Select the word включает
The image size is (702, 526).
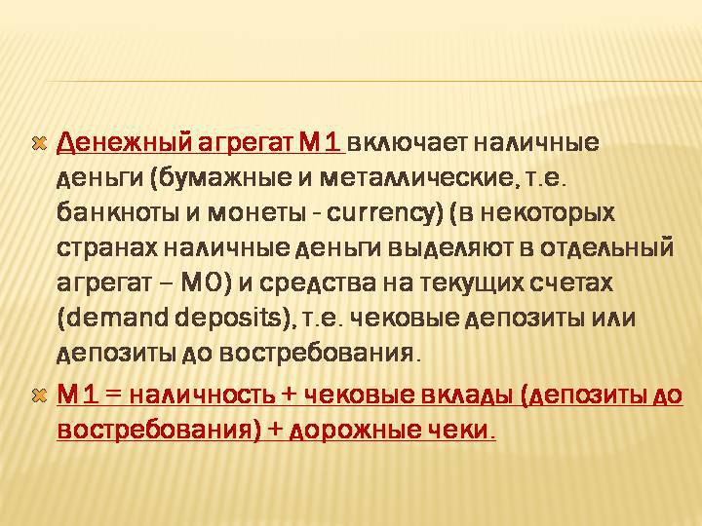[x=407, y=142]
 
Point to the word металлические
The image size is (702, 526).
[x=416, y=178]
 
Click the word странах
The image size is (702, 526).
[x=107, y=248]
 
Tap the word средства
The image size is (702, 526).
[x=318, y=283]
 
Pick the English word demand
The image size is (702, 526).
[x=119, y=319]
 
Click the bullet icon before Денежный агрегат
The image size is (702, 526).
[x=39, y=143]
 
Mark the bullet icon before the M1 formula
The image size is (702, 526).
[x=39, y=395]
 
